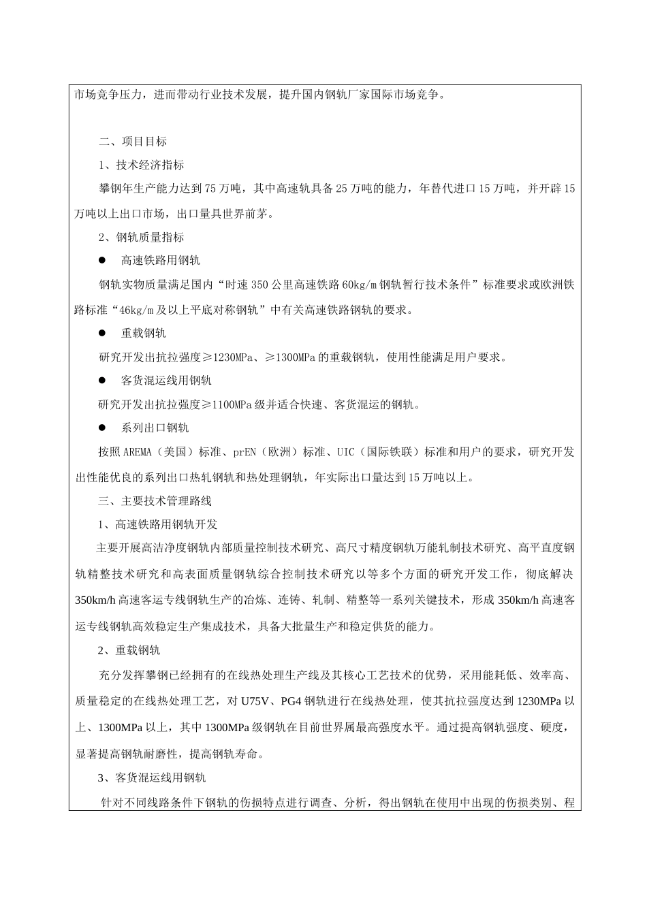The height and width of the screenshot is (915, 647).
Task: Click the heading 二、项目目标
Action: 133,142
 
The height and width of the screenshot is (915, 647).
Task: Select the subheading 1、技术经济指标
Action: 141,165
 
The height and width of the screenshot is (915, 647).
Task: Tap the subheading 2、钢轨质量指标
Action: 141,238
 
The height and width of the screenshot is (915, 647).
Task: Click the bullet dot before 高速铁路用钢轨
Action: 103,260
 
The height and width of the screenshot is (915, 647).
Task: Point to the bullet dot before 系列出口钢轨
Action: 103,428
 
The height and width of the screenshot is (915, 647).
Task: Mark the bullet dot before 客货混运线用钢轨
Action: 103,380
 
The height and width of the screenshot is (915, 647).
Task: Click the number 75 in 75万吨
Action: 210,189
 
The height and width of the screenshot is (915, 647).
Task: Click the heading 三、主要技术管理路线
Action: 155,501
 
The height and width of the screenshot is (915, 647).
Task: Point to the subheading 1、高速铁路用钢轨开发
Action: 157,525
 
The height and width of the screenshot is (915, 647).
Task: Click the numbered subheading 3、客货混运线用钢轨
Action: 152,777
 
